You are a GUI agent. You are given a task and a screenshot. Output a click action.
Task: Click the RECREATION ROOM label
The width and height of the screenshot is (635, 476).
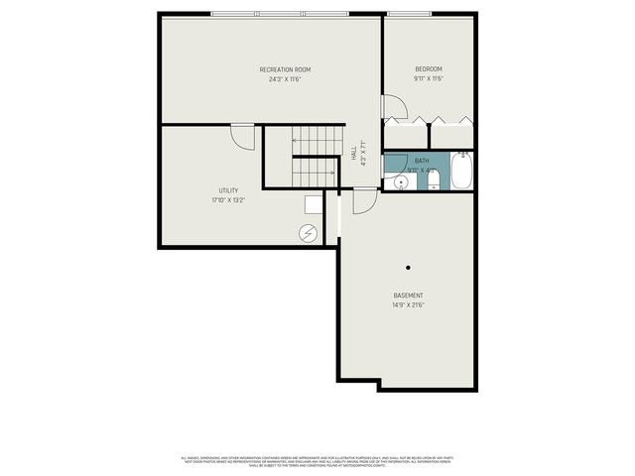(285, 69)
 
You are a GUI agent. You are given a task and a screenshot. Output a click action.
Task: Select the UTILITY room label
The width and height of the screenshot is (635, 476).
(228, 190)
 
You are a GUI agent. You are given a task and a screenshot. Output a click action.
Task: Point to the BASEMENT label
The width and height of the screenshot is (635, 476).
(408, 296)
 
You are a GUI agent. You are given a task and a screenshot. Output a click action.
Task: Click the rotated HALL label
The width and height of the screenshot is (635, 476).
(354, 154)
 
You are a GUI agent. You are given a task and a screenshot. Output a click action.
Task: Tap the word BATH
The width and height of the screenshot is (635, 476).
(422, 161)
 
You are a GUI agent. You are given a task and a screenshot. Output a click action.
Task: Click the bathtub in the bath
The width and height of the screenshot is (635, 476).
(462, 171)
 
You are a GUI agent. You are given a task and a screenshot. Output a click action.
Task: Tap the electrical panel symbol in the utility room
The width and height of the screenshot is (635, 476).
(309, 234)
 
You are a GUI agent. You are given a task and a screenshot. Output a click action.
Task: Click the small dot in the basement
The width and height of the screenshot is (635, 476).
(408, 267)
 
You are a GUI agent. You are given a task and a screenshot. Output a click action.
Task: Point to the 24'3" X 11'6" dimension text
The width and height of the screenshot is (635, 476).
(285, 79)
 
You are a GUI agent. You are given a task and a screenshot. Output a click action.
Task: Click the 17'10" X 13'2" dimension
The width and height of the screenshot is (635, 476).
(228, 200)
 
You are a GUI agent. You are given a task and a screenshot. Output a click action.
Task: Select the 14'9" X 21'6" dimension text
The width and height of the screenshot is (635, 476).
(408, 305)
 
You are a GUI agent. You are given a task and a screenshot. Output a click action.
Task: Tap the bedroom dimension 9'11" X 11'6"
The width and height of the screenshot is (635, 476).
(429, 79)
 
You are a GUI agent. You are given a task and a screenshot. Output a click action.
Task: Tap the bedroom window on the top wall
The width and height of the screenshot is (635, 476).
(409, 14)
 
